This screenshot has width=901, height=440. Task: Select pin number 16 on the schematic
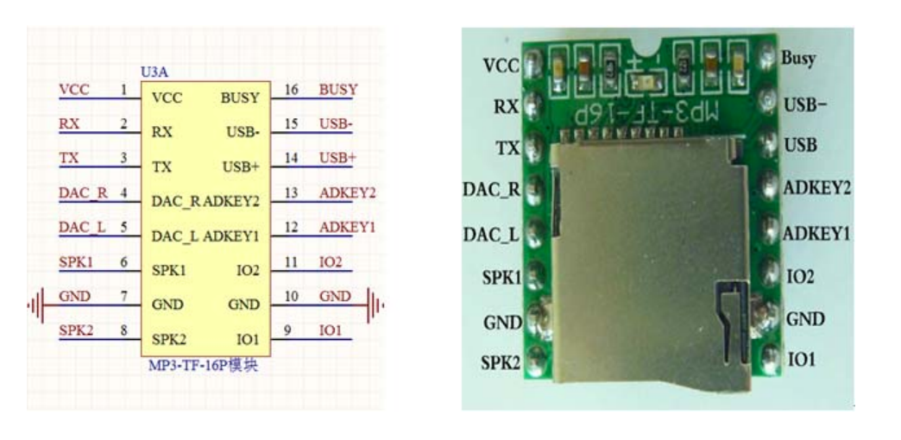291,90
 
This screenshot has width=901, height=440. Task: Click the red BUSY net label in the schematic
337,90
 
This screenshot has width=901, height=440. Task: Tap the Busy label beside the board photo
798,59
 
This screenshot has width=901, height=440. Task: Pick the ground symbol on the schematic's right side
375,305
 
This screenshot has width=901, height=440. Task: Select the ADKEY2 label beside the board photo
816,189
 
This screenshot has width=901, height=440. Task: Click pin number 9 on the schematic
287,330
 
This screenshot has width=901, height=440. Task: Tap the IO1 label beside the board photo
800,360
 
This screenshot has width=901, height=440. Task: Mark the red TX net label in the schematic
68,159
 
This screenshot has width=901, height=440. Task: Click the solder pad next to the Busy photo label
766,59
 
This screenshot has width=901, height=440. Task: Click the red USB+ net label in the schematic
337,159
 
